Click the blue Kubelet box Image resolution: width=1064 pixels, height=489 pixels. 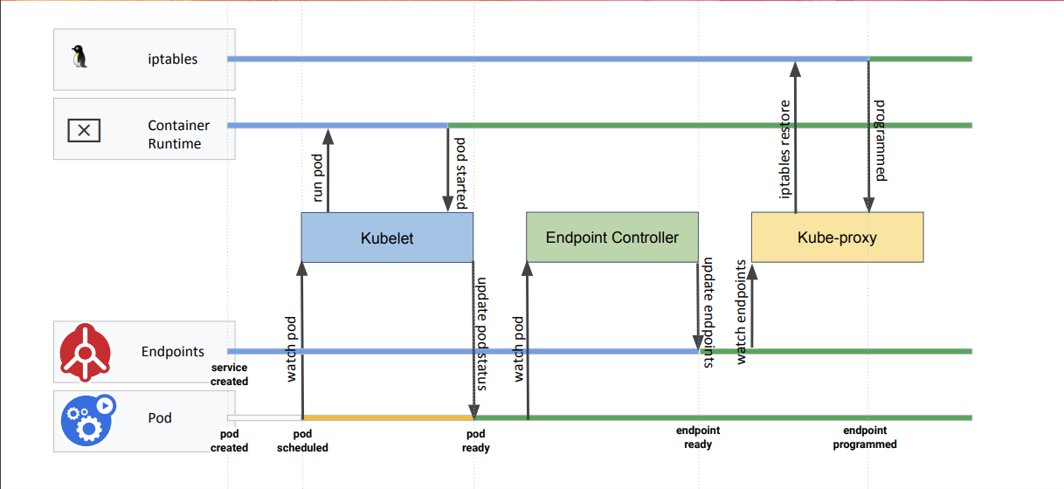click(387, 238)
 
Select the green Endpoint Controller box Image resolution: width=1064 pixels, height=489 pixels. click(611, 237)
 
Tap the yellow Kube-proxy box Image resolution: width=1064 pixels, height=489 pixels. click(837, 237)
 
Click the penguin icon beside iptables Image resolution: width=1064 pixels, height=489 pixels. click(80, 59)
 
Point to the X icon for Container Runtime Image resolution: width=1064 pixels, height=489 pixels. click(84, 131)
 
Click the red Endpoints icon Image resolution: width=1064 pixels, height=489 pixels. click(86, 352)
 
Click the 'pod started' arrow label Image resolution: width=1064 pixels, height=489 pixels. click(461, 173)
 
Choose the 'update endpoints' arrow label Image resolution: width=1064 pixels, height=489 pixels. click(708, 313)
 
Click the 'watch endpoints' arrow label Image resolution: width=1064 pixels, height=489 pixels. click(741, 312)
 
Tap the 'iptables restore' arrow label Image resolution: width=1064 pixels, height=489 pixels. click(784, 149)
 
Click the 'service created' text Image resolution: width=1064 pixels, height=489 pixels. click(230, 375)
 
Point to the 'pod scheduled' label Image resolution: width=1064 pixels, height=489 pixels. click(302, 441)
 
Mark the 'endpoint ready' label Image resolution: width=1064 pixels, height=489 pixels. click(698, 437)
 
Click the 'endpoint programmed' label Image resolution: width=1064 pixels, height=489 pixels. click(865, 437)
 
